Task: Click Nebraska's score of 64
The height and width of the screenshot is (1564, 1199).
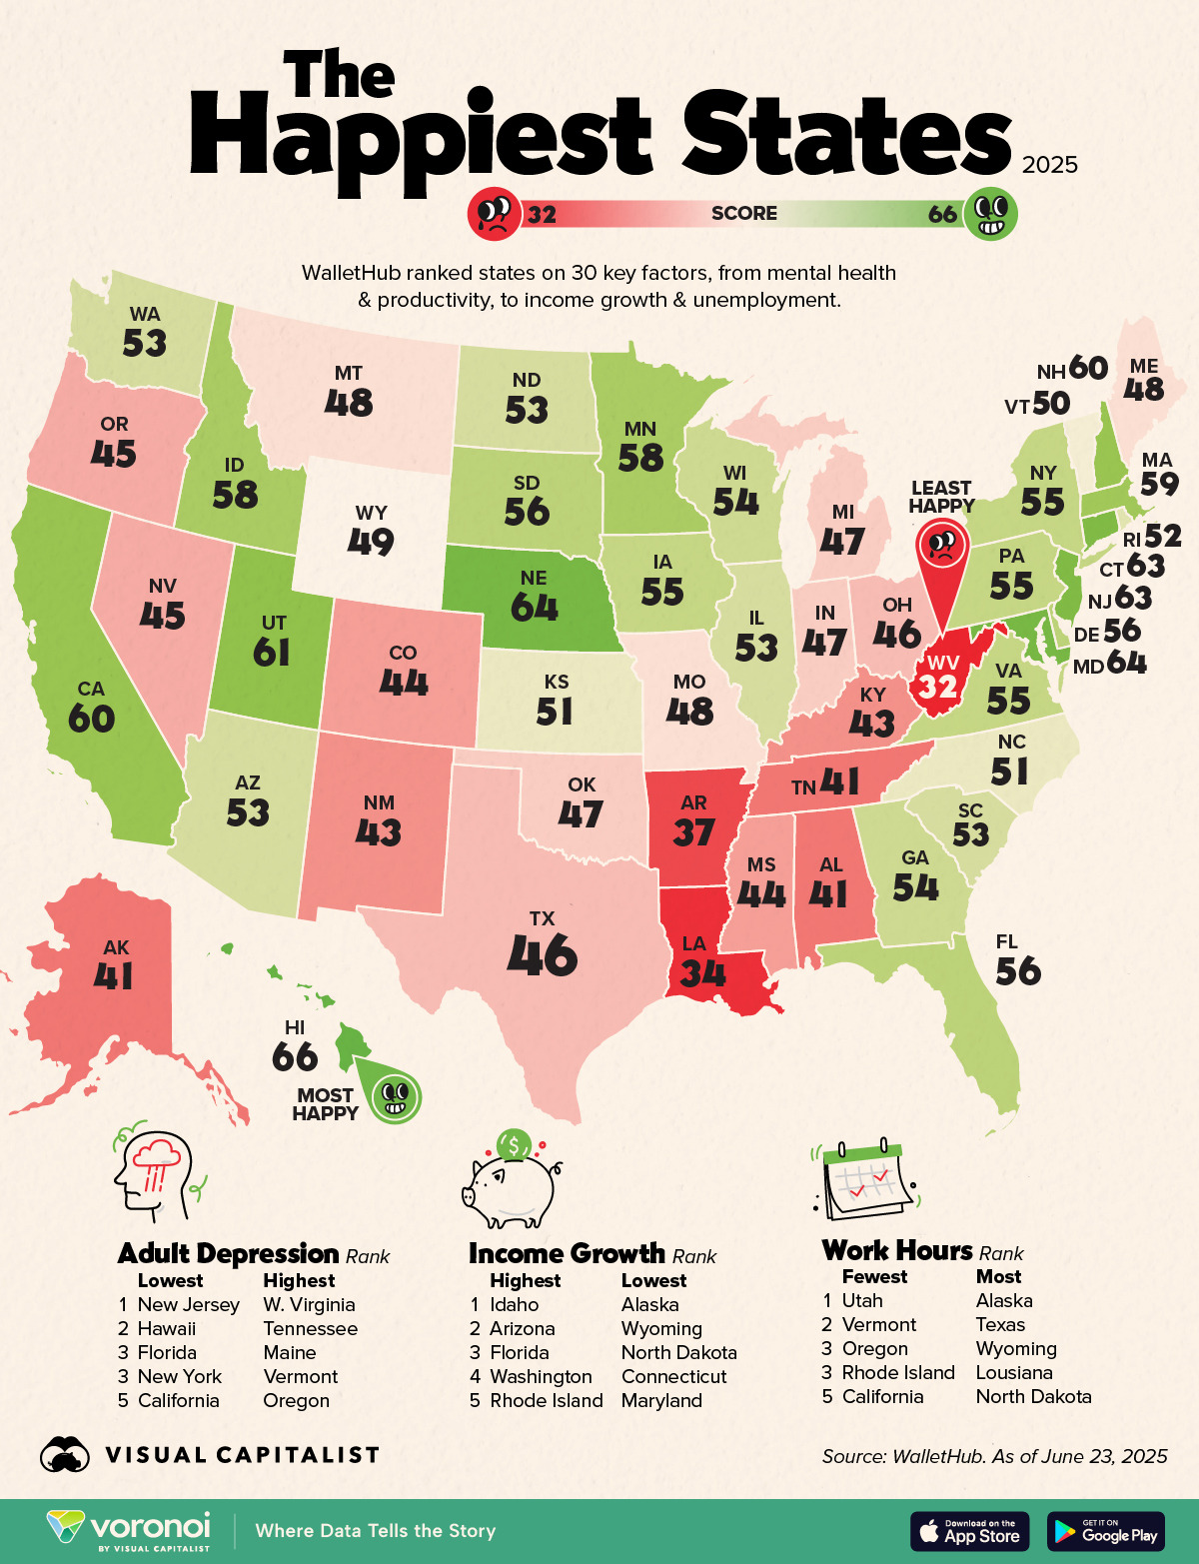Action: [x=535, y=608]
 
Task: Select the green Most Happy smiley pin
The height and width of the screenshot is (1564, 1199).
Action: [x=394, y=1095]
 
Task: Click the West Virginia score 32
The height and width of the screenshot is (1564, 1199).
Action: [x=938, y=687]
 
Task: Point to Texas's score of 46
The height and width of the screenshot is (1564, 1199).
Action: [x=543, y=955]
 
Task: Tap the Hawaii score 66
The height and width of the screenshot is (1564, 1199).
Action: [x=295, y=1056]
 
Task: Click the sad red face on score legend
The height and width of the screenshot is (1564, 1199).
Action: [x=494, y=213]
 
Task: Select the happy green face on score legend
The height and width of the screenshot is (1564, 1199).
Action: [x=991, y=213]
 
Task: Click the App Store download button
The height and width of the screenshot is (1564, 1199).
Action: [x=970, y=1531]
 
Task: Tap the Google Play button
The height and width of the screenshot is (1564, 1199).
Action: [x=1106, y=1531]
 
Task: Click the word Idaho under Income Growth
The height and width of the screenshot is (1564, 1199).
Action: [x=514, y=1304]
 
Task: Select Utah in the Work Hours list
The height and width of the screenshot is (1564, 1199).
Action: [x=862, y=1300]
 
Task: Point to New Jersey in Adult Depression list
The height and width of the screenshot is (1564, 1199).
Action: [x=188, y=1304]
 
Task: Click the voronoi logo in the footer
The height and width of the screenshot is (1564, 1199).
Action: [x=130, y=1530]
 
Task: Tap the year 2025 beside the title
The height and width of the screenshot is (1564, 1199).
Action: [x=1049, y=165]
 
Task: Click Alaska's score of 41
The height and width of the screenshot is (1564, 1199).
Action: [x=114, y=975]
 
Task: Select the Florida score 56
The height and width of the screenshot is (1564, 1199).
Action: [x=1018, y=971]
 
